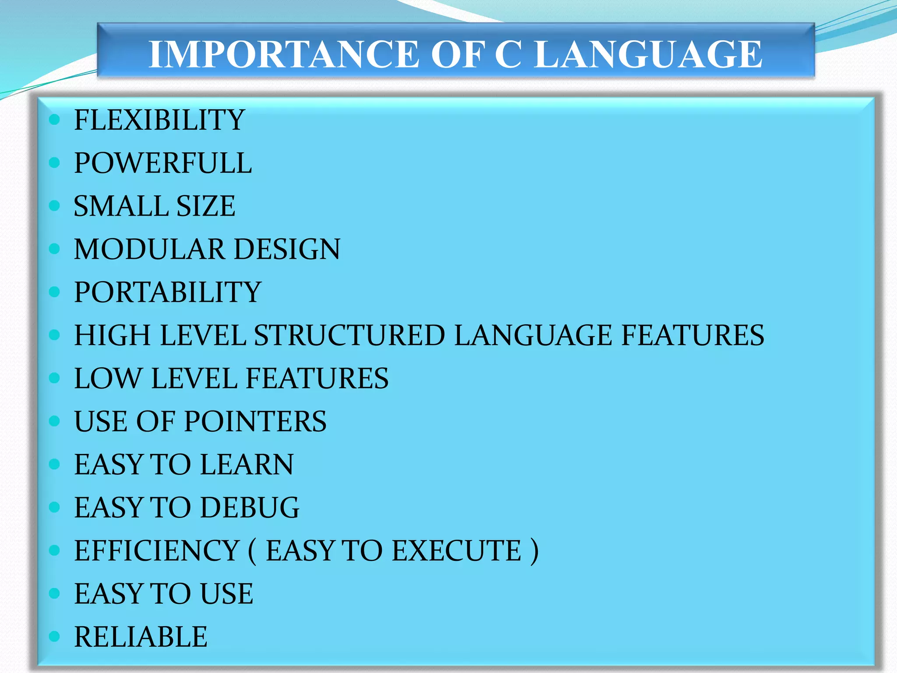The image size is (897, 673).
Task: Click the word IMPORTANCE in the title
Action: coord(284,54)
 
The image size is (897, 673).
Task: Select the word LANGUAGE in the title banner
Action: coord(648,54)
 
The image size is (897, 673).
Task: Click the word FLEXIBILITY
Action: coord(159,120)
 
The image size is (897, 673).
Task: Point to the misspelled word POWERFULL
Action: coord(162,163)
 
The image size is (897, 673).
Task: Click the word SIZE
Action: coord(205,206)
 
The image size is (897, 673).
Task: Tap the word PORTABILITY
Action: coord(167,292)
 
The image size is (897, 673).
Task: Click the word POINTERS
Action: coord(255,422)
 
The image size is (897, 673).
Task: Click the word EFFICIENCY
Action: coord(156,551)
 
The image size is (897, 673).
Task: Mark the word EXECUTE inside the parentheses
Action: coord(456,551)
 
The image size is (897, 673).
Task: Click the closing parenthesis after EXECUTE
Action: coord(534,551)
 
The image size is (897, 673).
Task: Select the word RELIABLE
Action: coord(141,637)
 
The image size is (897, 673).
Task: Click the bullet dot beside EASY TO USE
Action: coord(54,594)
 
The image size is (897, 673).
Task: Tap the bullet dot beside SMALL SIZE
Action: coord(54,206)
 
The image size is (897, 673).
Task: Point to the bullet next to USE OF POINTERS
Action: coord(54,422)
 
